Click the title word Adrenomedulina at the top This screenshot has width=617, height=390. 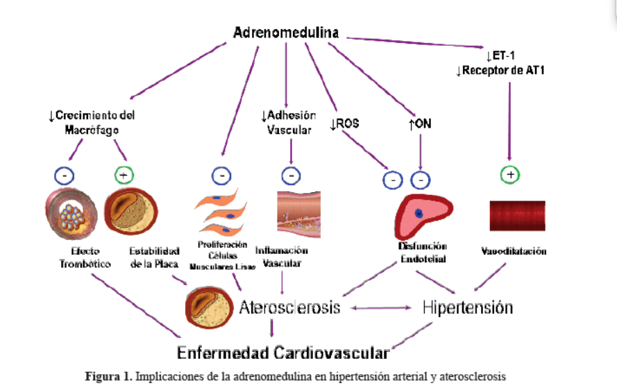[286, 33]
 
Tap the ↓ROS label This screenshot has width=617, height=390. [344, 124]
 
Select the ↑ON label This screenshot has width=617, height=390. [420, 124]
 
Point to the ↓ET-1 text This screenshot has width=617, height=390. [500, 56]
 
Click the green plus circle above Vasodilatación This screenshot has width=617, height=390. [510, 175]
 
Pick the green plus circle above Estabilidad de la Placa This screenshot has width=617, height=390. [124, 175]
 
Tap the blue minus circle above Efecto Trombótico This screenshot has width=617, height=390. [65, 176]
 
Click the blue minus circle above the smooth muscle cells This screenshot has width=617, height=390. [221, 176]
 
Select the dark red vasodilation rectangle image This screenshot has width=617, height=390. [518, 216]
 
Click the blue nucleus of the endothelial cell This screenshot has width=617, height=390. [419, 214]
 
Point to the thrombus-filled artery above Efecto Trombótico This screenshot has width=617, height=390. [71, 214]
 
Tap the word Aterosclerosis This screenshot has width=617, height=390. [289, 307]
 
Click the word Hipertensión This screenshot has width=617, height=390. [468, 307]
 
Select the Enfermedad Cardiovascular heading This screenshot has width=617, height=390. [283, 353]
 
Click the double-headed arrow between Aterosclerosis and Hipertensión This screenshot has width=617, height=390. [381, 308]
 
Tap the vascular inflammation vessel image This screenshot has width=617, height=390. [299, 214]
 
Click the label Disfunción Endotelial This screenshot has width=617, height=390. [423, 253]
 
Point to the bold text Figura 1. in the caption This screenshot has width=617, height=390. [108, 377]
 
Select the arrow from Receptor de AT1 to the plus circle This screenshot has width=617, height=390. [509, 121]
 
